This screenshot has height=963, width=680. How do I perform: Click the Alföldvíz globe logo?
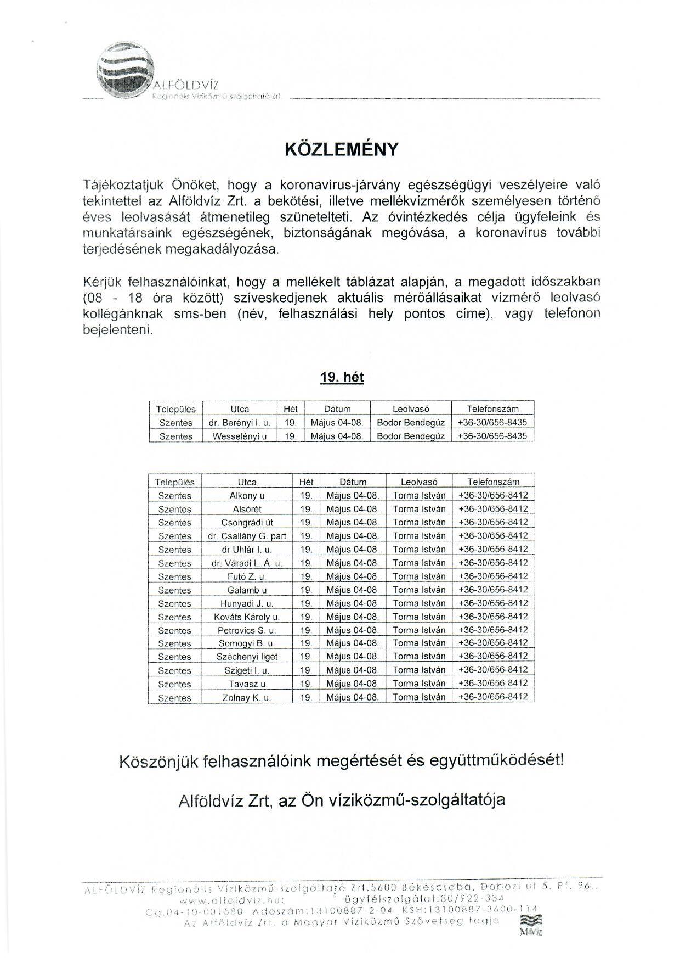coord(124,71)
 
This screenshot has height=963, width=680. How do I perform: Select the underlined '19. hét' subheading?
coord(342,377)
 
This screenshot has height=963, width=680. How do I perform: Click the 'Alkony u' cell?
coord(247,495)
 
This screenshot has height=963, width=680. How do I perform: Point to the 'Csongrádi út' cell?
coord(247,522)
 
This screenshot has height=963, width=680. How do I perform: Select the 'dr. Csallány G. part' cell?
coord(247,536)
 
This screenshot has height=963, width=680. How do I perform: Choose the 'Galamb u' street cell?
coord(247,590)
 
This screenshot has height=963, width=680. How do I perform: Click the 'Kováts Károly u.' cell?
coord(247,617)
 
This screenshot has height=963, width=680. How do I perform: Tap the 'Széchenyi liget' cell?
coord(247,657)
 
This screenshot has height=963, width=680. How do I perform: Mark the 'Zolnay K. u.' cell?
coord(247,697)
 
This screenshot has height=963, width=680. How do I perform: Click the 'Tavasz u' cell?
coord(247,684)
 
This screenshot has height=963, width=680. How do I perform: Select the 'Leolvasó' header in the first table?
coord(411,409)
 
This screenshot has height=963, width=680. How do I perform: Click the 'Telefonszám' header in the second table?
coord(493,481)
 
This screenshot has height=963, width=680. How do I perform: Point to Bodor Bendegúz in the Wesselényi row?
coord(411,436)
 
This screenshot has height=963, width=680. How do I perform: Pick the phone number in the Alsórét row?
coord(493,509)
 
